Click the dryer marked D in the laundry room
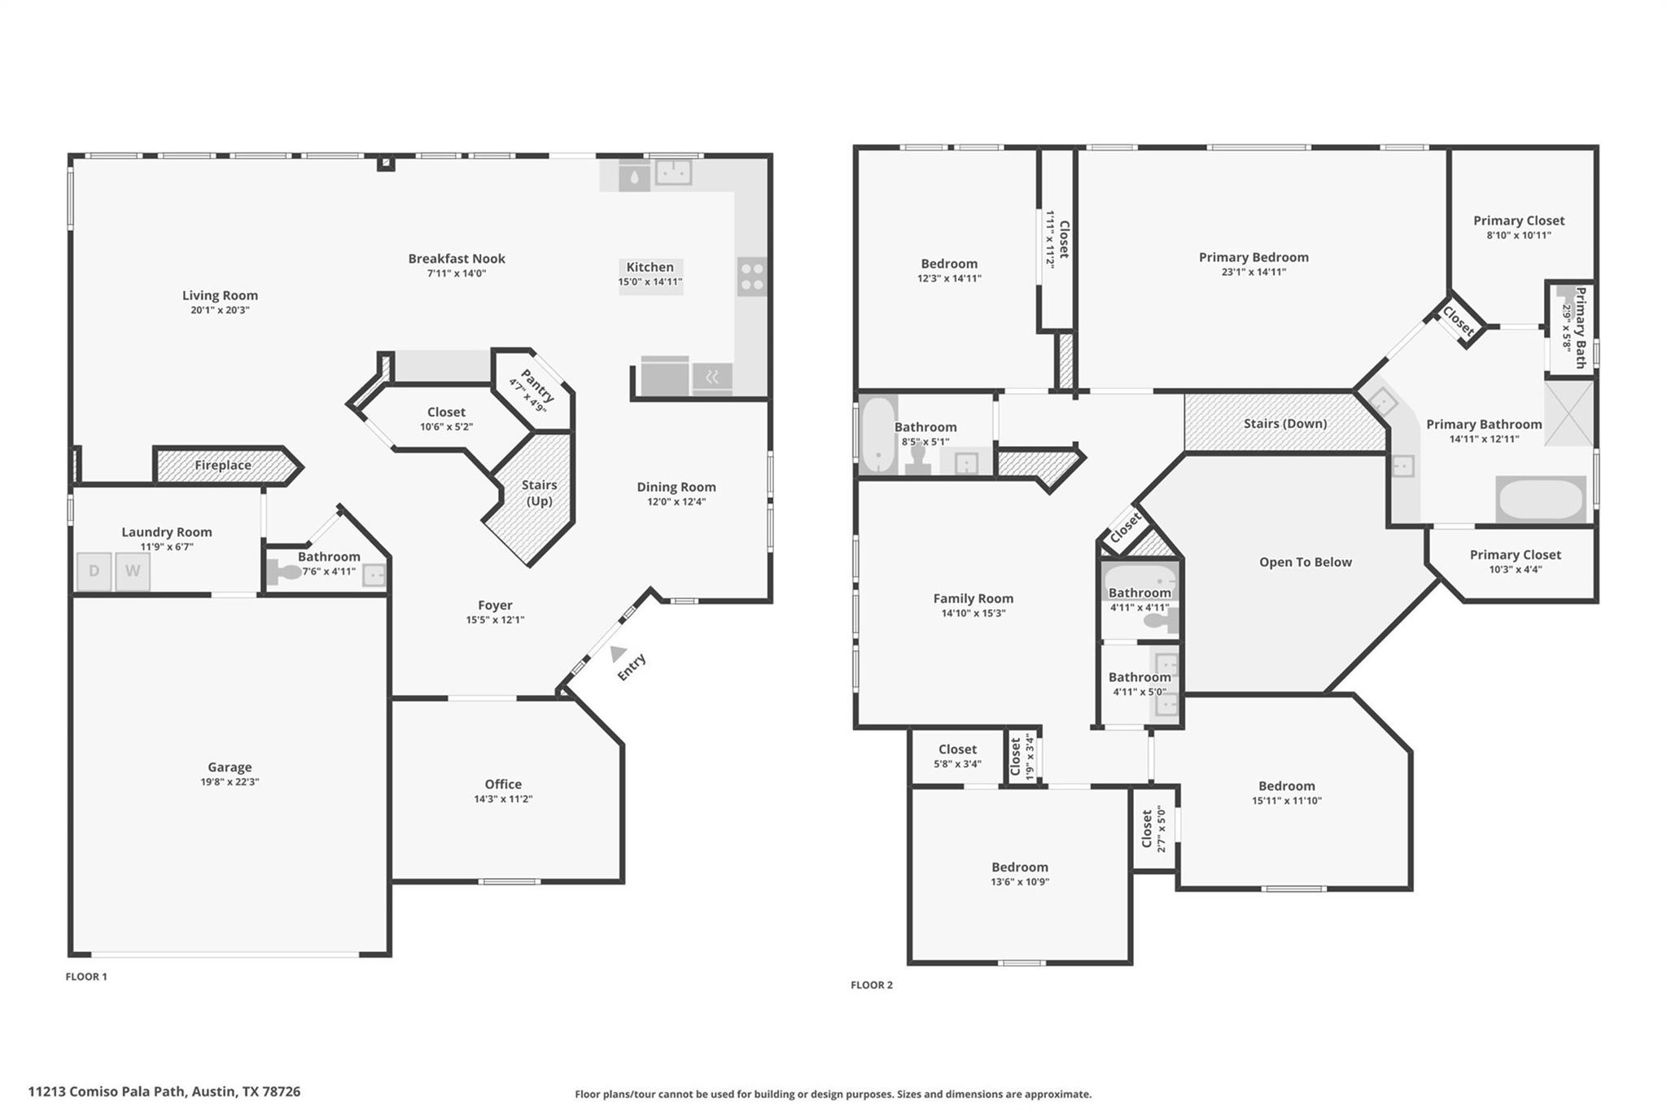click(x=94, y=571)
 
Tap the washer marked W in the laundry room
click(x=132, y=571)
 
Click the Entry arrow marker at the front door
click(x=618, y=653)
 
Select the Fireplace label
click(x=222, y=465)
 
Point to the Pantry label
click(x=536, y=386)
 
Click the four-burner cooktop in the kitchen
click(x=751, y=277)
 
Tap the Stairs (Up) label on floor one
click(x=539, y=492)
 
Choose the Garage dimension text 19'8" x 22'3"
click(x=230, y=782)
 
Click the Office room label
click(x=503, y=784)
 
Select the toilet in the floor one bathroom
click(x=284, y=572)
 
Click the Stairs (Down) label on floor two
click(x=1284, y=423)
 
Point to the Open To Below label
click(x=1305, y=562)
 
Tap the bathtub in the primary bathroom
click(x=1541, y=499)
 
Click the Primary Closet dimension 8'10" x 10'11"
click(x=1518, y=236)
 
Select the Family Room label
click(x=973, y=598)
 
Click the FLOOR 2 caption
click(x=871, y=985)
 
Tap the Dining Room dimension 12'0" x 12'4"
click(x=676, y=502)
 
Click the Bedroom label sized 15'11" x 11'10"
click(x=1286, y=786)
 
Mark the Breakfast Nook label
click(x=457, y=259)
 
